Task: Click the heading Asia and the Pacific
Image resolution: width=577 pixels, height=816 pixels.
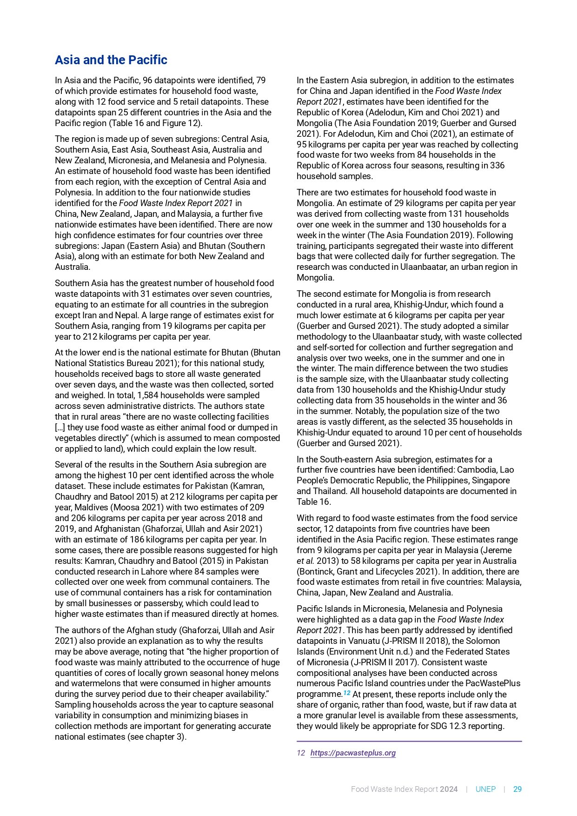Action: click(111, 60)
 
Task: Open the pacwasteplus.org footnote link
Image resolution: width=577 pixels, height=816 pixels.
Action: click(353, 753)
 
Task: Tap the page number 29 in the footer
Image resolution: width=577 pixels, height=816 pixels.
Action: click(517, 789)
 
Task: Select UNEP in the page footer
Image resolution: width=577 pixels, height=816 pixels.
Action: click(485, 789)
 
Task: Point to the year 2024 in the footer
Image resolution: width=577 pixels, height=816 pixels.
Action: click(449, 789)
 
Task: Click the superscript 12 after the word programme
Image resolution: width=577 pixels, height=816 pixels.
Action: click(346, 693)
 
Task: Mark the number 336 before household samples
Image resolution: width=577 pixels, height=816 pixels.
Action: click(497, 166)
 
